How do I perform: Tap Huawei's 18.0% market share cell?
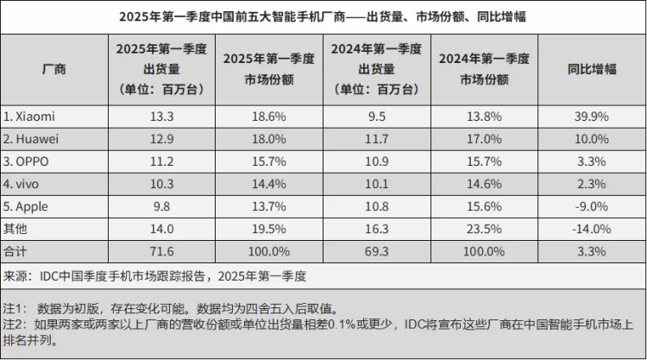269,138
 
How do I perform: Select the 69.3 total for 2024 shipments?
377,251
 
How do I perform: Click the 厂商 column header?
53,69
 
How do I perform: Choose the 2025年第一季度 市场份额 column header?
269,69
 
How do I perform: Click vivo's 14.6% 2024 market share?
484,184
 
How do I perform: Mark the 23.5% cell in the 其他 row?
484,229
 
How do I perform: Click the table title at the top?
323,16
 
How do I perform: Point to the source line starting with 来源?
155,276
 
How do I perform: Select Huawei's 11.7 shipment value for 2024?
377,138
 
